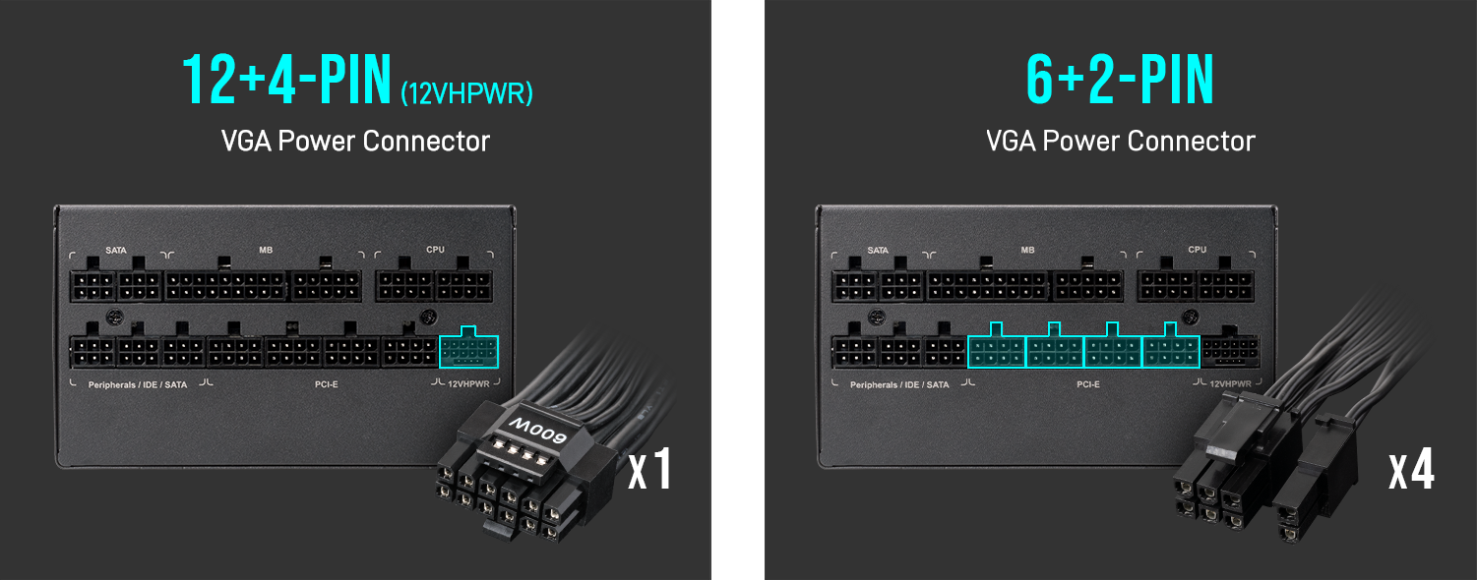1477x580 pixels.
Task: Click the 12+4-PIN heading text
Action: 286,80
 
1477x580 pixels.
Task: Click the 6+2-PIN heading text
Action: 1120,80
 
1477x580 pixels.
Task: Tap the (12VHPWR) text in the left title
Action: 466,93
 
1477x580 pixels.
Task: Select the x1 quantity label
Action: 649,469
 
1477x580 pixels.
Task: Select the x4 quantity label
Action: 1411,469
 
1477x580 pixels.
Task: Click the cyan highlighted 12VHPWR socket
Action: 468,347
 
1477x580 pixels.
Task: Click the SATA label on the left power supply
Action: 116,251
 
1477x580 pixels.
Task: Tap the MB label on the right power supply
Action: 1027,250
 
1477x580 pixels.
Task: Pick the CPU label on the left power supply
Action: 435,250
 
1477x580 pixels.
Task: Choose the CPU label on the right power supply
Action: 1197,250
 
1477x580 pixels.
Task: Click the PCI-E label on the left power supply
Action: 327,384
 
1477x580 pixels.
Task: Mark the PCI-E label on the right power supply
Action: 1088,384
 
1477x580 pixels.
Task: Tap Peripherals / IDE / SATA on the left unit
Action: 138,385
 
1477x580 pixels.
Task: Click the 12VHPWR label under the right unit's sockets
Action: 1230,384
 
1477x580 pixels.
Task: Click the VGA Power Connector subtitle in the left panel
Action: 355,141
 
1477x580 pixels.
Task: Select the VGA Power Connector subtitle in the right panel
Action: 1120,141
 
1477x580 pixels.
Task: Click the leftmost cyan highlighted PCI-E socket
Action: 997,345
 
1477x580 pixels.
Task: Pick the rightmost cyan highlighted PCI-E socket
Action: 1170,345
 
